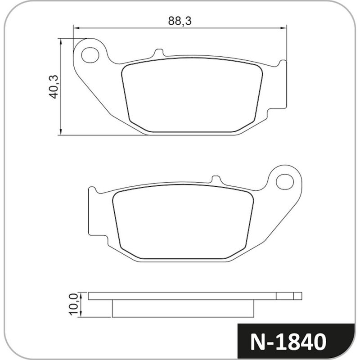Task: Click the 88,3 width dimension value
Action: [x=180, y=21]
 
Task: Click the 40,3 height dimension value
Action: [x=54, y=87]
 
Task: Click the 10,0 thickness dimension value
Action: [x=73, y=305]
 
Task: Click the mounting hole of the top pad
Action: [x=90, y=55]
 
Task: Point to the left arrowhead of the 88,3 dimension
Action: [x=76, y=28]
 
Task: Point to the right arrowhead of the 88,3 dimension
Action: [x=283, y=28]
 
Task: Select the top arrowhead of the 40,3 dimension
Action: [x=61, y=41]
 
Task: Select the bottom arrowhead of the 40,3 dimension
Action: [x=61, y=132]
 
